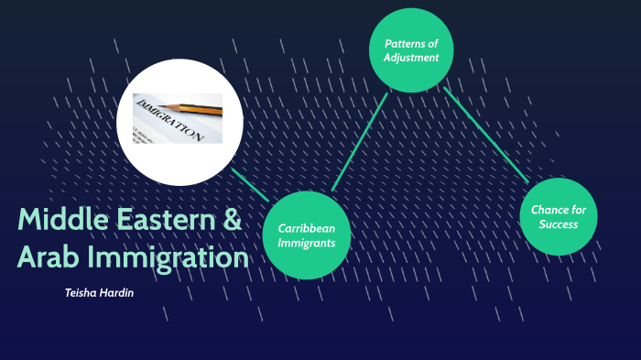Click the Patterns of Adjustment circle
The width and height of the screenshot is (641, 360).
411,50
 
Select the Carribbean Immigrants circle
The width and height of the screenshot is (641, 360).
306,235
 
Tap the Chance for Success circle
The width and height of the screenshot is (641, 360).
558,217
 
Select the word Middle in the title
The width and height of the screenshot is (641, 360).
62,221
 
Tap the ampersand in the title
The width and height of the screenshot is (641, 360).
233,221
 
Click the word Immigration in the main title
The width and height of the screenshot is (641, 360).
168,258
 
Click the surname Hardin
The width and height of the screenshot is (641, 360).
121,293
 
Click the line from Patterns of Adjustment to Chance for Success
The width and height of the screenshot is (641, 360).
485,134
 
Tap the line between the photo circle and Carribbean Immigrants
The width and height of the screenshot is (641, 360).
249,184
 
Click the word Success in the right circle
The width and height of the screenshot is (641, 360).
558,224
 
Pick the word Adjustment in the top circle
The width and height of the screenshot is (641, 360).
412,58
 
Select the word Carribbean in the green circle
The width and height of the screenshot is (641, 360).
306,228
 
